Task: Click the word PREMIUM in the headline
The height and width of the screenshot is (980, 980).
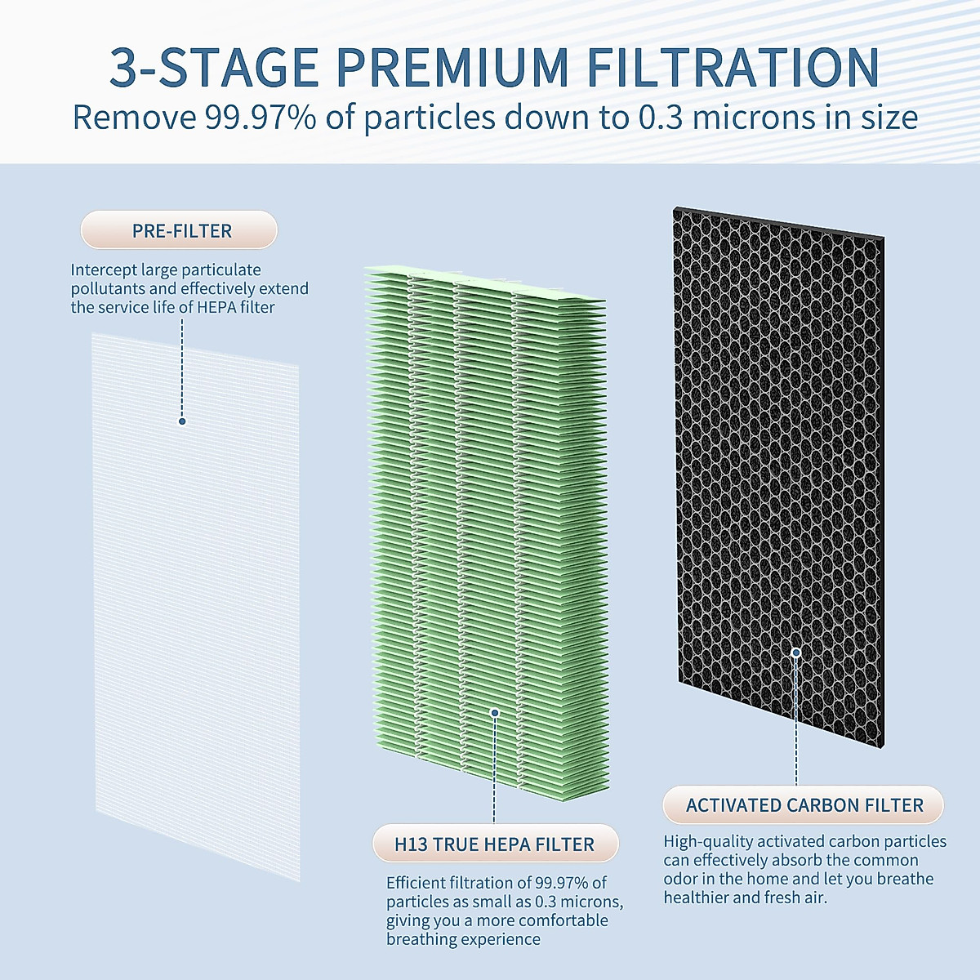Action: click(452, 68)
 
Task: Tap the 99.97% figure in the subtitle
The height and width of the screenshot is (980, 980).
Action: click(261, 118)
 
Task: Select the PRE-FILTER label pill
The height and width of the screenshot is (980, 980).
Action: click(181, 231)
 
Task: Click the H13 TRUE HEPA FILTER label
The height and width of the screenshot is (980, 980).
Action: click(494, 844)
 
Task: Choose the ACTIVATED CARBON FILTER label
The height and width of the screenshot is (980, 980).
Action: click(804, 805)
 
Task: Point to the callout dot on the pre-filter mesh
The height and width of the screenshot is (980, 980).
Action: click(182, 421)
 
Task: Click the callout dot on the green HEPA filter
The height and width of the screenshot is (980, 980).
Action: click(494, 713)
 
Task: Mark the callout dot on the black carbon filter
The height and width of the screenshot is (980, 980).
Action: click(796, 652)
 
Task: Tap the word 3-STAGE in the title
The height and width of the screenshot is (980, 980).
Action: click(214, 68)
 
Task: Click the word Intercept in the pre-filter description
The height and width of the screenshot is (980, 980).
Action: click(104, 270)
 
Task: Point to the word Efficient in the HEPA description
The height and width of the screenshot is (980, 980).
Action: click(416, 883)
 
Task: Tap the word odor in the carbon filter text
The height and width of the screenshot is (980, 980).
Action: click(680, 879)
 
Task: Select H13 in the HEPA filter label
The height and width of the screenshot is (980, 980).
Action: click(411, 844)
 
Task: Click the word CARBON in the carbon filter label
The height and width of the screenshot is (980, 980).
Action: click(822, 805)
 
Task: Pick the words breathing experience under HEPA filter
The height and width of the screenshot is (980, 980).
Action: click(463, 939)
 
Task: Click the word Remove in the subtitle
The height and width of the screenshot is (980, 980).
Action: click(134, 118)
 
